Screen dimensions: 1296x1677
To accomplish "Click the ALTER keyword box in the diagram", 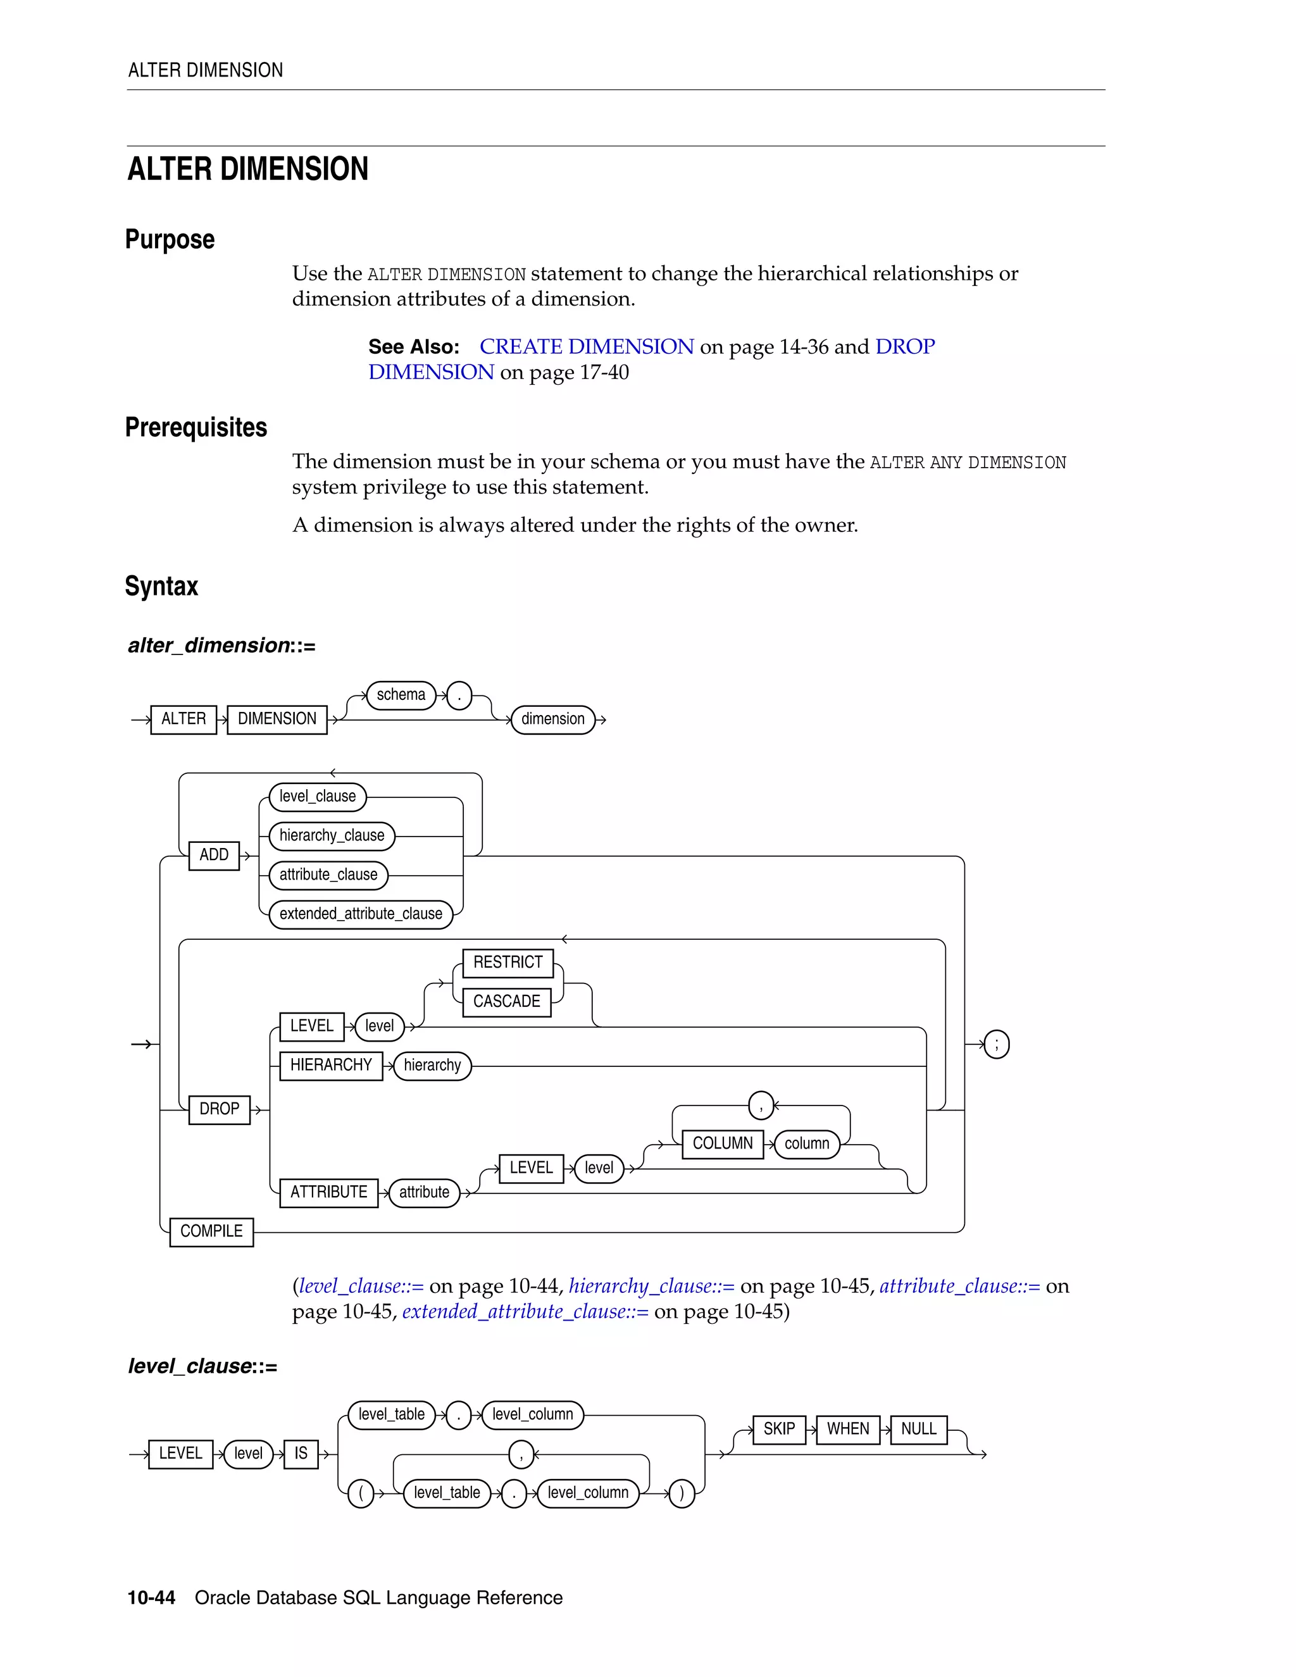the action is point(184,720).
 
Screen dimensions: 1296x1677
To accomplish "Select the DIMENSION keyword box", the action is point(277,720).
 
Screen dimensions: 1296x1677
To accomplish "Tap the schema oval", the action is point(401,695).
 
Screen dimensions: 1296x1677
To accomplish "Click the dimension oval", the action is point(553,720).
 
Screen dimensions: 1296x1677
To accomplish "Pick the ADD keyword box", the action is point(215,854).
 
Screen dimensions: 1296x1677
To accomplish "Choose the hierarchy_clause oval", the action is point(332,835).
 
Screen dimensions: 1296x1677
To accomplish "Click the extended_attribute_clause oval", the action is point(361,914).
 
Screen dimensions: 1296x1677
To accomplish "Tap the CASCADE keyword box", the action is point(507,1001).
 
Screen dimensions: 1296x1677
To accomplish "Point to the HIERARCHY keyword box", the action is point(331,1065).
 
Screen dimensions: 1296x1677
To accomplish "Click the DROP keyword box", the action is point(220,1109).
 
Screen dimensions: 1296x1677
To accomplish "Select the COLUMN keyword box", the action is point(723,1144).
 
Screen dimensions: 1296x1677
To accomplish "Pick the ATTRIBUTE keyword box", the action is point(328,1192).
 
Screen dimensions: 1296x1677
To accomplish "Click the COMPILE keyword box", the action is point(211,1231).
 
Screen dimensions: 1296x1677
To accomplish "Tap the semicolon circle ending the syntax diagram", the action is point(997,1044).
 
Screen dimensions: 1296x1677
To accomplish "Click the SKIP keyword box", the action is point(779,1429).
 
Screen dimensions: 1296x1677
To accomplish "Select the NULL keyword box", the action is point(918,1429).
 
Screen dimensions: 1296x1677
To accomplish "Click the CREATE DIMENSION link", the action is point(587,347).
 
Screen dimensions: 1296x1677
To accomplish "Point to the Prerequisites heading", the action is point(197,428).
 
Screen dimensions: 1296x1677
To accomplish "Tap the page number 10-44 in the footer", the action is point(151,1597).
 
